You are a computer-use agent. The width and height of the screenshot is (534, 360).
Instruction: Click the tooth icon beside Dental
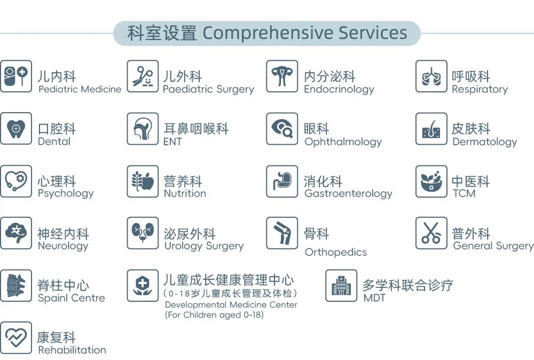(x=16, y=129)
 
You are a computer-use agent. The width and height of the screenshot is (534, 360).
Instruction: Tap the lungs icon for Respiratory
(x=431, y=76)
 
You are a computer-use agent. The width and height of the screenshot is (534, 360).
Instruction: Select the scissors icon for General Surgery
(x=431, y=233)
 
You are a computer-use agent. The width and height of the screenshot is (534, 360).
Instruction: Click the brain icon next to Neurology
(x=16, y=233)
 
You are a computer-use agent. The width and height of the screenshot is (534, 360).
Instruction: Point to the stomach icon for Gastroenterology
(x=282, y=181)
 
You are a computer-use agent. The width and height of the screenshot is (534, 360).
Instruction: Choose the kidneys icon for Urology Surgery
(x=143, y=233)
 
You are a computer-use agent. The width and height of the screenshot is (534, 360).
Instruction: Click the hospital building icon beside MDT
(x=341, y=285)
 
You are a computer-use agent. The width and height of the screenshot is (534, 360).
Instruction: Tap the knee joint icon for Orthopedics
(x=282, y=233)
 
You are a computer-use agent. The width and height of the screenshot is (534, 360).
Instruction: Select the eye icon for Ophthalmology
(x=282, y=129)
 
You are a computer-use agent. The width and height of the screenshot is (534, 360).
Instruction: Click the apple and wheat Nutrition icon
(x=143, y=181)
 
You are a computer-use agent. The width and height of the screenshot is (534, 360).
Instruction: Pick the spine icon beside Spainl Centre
(x=16, y=285)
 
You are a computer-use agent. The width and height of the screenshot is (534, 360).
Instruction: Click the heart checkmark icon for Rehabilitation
(x=16, y=338)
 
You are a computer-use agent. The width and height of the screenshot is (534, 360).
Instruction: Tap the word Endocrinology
(x=339, y=90)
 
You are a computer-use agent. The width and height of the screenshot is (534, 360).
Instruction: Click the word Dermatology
(x=485, y=142)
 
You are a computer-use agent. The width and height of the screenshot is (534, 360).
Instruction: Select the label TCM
(x=464, y=193)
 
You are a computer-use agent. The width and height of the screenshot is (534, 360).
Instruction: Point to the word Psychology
(x=66, y=194)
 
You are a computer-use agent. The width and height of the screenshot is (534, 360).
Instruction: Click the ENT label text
(x=172, y=142)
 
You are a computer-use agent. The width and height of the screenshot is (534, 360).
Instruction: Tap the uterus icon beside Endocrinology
(x=282, y=76)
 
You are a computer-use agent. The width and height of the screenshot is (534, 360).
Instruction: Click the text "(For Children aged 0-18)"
(x=214, y=315)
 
